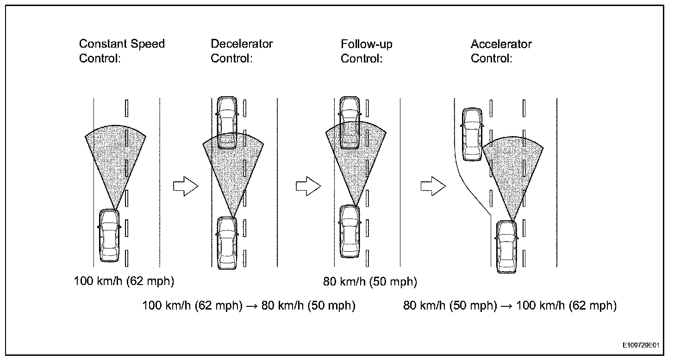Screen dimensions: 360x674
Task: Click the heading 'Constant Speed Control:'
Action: click(122, 51)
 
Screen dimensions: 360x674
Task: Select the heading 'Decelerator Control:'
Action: click(242, 51)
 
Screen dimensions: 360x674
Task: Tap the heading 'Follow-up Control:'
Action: click(367, 51)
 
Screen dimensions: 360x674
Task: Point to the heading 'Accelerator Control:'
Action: click(501, 51)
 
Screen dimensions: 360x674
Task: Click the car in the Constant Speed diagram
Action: click(109, 235)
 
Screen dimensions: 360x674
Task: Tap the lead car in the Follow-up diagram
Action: click(349, 122)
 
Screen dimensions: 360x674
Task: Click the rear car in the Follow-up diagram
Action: click(349, 231)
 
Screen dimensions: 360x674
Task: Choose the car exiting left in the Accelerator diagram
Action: click(472, 134)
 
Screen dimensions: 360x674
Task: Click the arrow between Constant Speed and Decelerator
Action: click(185, 186)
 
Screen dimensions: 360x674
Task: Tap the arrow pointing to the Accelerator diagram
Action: click(433, 186)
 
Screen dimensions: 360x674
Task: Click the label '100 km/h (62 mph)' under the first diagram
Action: click(124, 281)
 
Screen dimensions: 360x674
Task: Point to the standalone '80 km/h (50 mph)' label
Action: click(370, 281)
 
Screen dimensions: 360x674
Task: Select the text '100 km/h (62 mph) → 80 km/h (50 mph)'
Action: click(249, 305)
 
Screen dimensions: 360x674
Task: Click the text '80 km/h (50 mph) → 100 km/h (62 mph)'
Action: click(510, 305)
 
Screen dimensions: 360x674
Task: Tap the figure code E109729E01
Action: click(643, 345)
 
